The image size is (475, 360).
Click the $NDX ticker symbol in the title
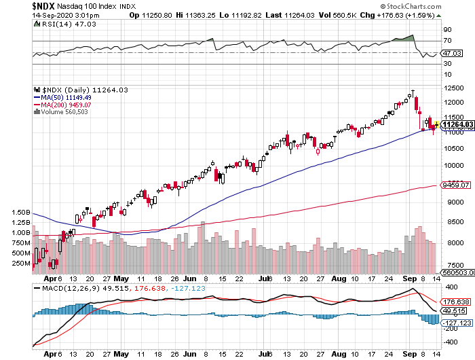tap(18, 5)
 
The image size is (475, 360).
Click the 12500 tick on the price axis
tap(453, 88)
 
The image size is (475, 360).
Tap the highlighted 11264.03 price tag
tap(456, 124)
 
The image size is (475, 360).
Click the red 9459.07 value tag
tap(455, 184)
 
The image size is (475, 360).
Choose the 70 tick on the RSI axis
tap(447, 41)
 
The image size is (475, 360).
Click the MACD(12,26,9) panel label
tap(60, 288)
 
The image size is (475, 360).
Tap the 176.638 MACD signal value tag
tap(455, 302)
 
